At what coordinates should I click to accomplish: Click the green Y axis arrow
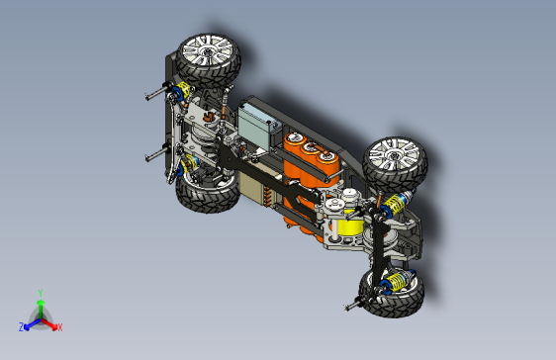[40, 307]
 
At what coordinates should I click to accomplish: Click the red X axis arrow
[51, 322]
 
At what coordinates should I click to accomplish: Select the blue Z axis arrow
[29, 322]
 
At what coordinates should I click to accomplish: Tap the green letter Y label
[40, 293]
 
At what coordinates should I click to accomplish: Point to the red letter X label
[59, 326]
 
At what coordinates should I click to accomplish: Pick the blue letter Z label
[21, 326]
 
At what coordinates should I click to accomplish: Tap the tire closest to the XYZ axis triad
[206, 197]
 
